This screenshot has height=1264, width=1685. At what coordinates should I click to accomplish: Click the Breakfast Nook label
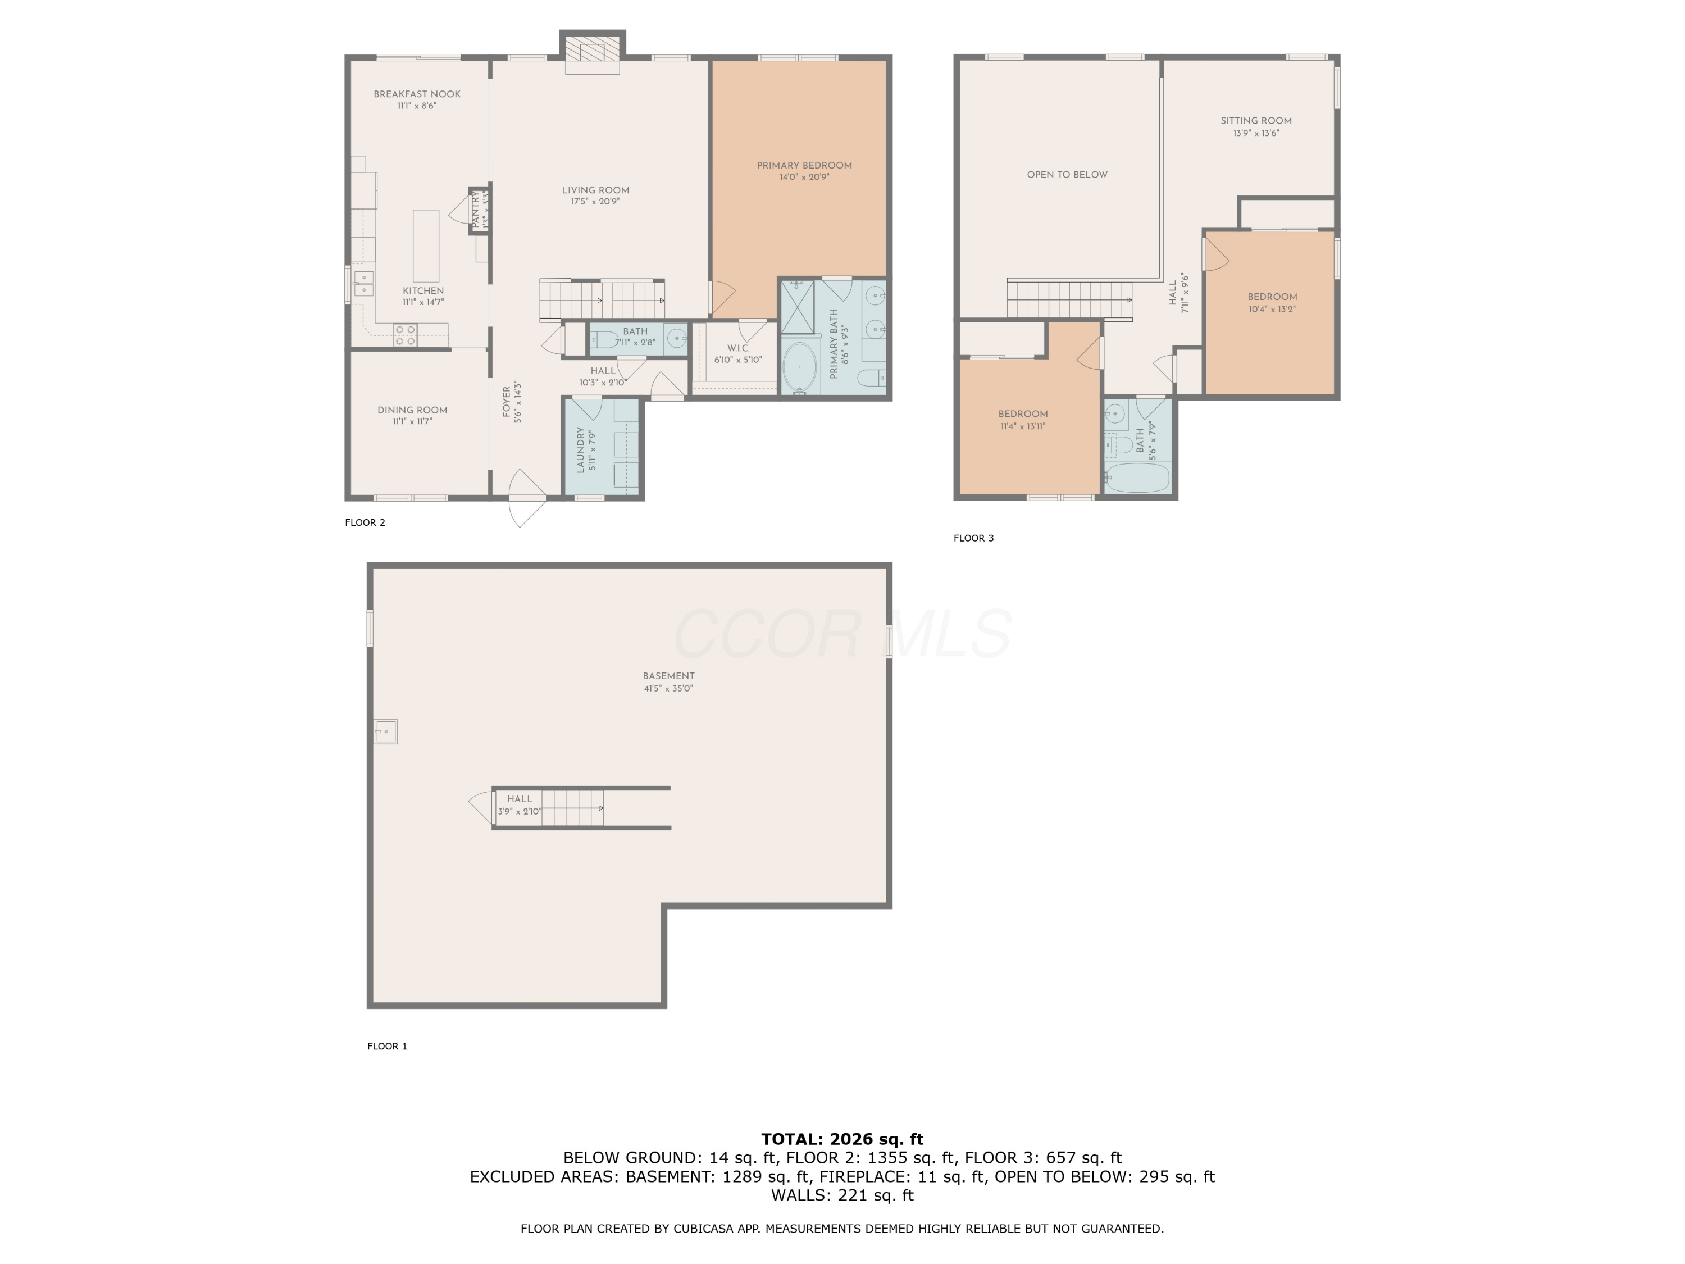[x=417, y=94]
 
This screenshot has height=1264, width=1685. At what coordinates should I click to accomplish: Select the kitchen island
[x=426, y=246]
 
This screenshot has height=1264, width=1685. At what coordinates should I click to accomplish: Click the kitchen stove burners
[x=406, y=335]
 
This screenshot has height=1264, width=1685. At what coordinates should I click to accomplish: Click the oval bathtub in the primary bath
[x=799, y=367]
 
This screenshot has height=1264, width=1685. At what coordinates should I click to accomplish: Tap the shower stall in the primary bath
[x=798, y=307]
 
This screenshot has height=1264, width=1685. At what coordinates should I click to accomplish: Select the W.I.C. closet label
[x=737, y=348]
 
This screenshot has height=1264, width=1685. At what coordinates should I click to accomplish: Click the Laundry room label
[x=580, y=449]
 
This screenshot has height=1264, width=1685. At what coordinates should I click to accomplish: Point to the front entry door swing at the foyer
[x=527, y=498]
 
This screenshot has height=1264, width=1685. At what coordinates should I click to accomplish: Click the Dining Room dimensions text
[x=412, y=421]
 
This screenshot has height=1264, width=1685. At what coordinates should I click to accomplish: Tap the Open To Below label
[x=1067, y=175]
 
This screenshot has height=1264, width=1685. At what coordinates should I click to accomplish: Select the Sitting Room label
[x=1255, y=120]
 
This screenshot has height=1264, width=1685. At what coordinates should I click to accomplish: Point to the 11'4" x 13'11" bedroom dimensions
[x=1022, y=426]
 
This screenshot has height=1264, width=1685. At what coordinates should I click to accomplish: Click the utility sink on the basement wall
[x=385, y=731]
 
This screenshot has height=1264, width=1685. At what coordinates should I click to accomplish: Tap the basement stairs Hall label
[x=520, y=798]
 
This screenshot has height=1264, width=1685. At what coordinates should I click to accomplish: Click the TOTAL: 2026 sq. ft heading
[x=842, y=1139]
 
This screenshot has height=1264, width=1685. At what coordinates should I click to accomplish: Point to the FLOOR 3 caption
[x=973, y=538]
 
